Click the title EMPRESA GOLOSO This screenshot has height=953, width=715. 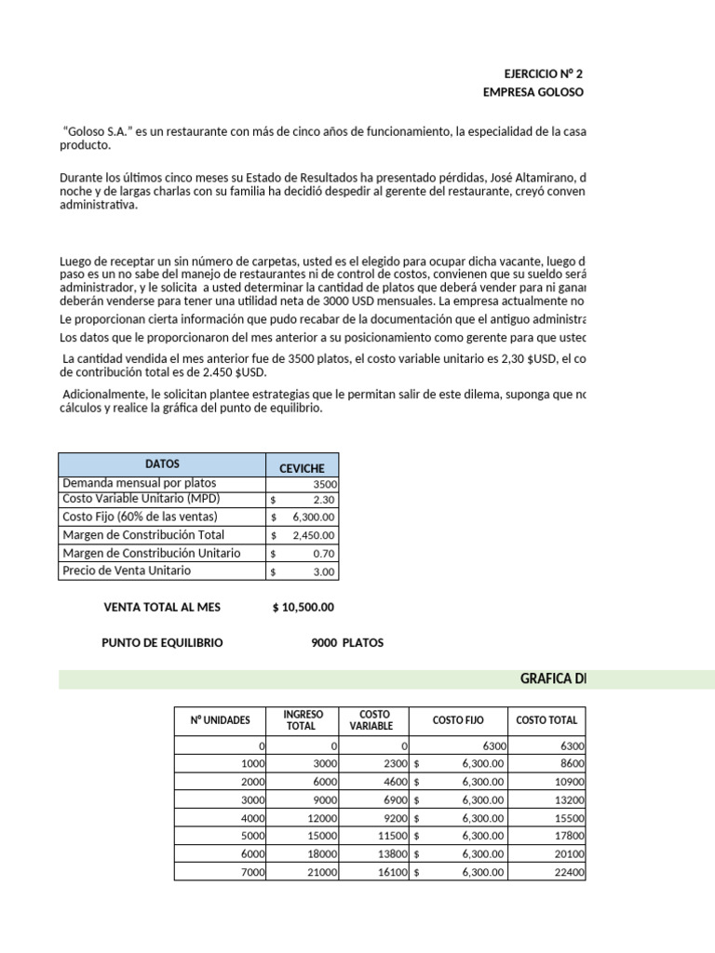coord(533,92)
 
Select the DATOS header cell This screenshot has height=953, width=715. coord(162,463)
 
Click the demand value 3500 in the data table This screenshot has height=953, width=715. coord(325,484)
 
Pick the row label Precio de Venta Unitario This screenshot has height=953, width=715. coord(126,570)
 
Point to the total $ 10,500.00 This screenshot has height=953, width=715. coord(304,607)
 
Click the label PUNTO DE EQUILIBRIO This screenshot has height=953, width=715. coord(162,643)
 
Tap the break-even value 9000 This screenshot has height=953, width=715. coord(324,643)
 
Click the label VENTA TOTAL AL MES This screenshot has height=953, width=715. coord(162,607)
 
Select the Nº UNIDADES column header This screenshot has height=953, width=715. coord(221,719)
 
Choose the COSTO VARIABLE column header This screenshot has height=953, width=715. coord(371,719)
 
